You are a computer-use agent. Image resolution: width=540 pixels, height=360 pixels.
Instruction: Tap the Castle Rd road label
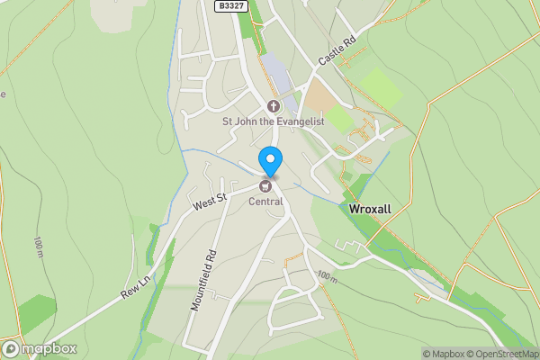tap(337, 51)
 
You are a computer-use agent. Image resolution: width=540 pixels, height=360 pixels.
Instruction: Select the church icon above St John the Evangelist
tap(273, 106)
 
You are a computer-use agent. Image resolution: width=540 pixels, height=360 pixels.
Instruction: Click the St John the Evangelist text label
tap(273, 121)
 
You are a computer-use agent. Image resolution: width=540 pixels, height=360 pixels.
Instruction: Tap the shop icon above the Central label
tap(265, 186)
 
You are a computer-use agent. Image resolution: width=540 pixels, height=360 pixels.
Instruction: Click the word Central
tap(265, 201)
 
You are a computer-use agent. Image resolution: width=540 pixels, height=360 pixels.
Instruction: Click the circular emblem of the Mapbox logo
tap(12, 348)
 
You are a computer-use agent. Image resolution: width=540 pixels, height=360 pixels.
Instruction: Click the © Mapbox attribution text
tap(444, 354)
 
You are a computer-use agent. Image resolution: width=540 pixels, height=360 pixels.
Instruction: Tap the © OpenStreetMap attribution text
tap(505, 354)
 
